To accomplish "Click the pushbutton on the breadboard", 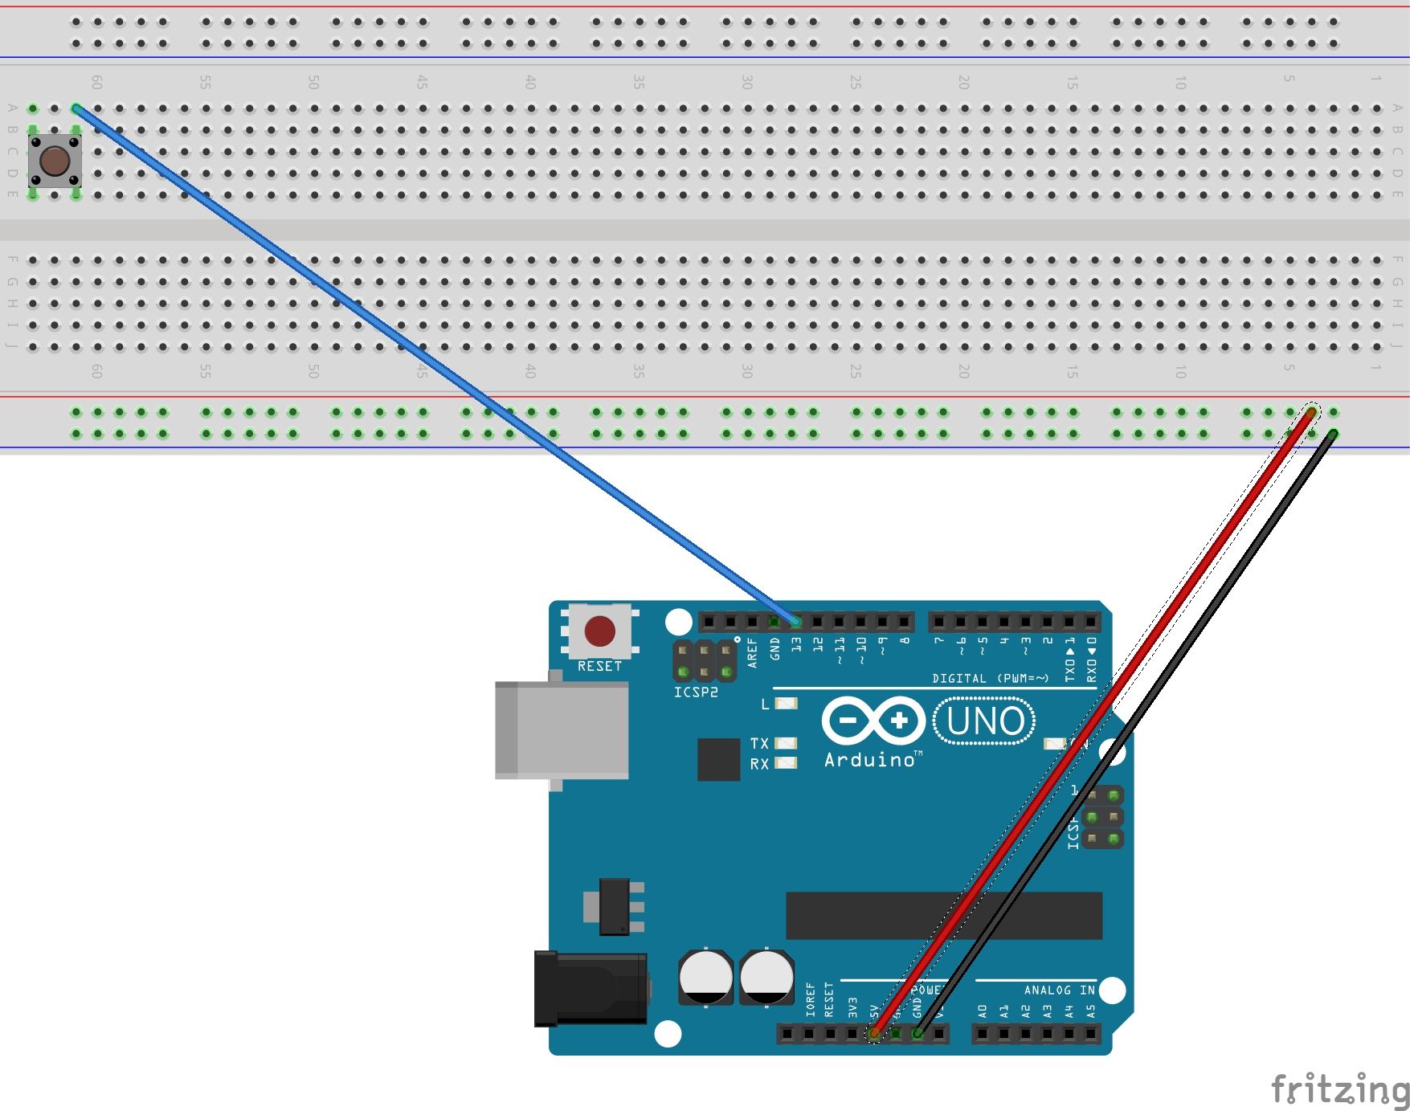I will coord(54,161).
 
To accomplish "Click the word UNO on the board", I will coord(985,721).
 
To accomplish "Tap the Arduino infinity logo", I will coord(873,721).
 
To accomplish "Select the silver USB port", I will coord(562,729).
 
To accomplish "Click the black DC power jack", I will coord(591,989).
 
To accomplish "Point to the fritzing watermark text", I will coord(1339,1090).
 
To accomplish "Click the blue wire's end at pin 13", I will coord(795,621).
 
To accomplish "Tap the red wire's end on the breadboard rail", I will coord(1310,413).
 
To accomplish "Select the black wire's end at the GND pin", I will coord(918,1033).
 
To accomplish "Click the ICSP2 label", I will coord(696,692).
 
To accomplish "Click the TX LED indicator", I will coord(786,743).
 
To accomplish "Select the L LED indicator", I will coord(786,704).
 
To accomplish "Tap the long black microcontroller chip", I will coord(944,915).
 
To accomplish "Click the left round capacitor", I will coord(705,976).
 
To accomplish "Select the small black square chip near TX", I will coord(718,759).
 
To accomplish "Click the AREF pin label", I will coord(752,653).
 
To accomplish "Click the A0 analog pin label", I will coord(982,1011).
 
